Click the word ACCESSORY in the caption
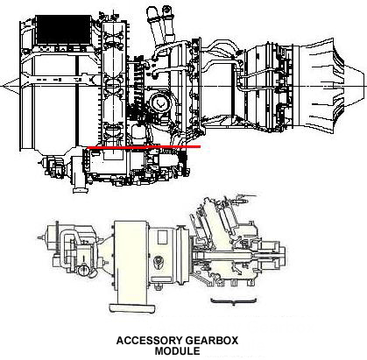coord(149,341)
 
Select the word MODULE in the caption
coord(177,350)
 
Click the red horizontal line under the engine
coord(144,147)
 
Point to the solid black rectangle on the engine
coord(64,30)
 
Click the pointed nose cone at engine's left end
coord(11,86)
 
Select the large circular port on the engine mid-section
coord(159,102)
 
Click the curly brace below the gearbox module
coord(234,301)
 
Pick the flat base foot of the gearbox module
coord(132,308)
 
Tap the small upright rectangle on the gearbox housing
coord(163,237)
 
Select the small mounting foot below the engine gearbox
coord(80,186)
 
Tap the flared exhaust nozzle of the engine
coord(322,86)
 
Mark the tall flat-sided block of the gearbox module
coord(131,262)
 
